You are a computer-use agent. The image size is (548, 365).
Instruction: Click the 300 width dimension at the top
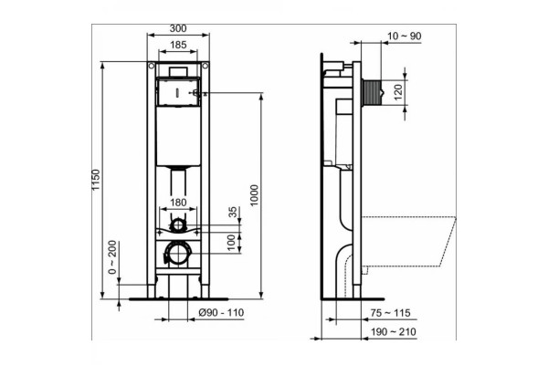[178, 28]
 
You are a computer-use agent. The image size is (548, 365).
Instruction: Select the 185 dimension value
[178, 45]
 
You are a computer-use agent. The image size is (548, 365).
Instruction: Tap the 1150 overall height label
[96, 180]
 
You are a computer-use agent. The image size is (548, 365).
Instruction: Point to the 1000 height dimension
[254, 195]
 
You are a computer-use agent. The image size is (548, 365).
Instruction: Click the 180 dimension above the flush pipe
[178, 203]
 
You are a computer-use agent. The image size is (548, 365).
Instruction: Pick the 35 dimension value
[233, 212]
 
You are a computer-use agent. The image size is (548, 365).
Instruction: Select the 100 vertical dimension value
[231, 242]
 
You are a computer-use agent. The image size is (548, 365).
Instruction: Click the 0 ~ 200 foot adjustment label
[111, 256]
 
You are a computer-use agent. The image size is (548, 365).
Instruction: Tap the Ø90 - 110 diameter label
[221, 312]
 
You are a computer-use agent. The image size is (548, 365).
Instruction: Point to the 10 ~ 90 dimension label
[405, 36]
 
